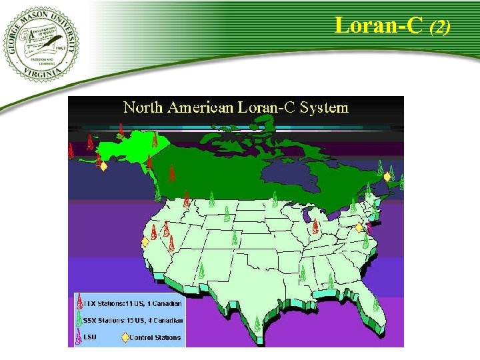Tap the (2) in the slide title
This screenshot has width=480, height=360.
tap(440, 27)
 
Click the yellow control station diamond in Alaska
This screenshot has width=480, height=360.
tap(103, 167)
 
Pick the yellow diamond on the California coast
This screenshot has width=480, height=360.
tap(145, 243)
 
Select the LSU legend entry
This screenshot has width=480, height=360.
tap(89, 337)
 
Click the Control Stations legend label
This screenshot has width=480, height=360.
tap(155, 337)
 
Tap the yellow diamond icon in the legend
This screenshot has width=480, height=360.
tap(125, 337)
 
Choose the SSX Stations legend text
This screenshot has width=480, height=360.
tap(133, 320)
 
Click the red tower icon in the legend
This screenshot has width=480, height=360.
tap(79, 303)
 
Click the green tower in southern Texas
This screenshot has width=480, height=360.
tap(257, 325)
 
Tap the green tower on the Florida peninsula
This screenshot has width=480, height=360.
tap(375, 304)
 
